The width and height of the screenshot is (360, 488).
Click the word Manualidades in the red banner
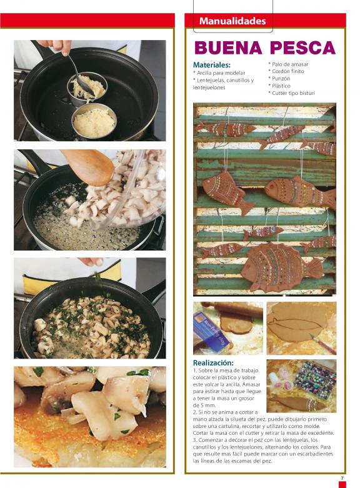(232, 21)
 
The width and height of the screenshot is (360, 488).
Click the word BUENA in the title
(228, 47)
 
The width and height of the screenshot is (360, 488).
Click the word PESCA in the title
(303, 47)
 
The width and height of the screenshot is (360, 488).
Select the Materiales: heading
(212, 65)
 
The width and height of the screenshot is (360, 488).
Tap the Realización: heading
(213, 363)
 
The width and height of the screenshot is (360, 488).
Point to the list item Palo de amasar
(288, 64)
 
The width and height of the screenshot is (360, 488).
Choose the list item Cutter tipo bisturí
(291, 93)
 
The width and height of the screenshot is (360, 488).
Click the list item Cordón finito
(286, 72)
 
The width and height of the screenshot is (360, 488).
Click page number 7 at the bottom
(342, 478)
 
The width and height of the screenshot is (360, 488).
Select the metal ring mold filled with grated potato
(94, 121)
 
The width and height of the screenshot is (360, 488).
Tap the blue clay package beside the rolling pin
(212, 333)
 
